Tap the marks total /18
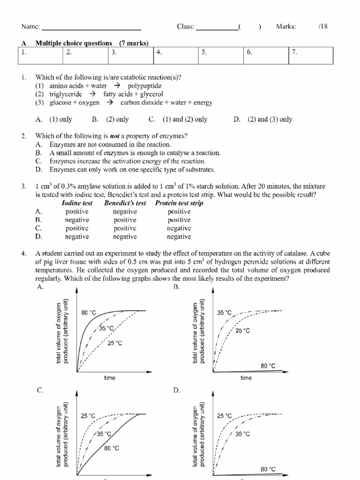point(322,27)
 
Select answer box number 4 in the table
point(176,55)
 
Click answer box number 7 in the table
point(310,55)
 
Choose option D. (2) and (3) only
point(262,119)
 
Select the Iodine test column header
point(77,203)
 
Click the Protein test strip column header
point(179,203)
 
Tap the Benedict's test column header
point(125,203)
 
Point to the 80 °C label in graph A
point(89,313)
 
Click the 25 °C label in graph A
point(115,343)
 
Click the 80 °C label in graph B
point(268,366)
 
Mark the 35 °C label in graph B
point(225,313)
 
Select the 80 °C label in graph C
point(112,448)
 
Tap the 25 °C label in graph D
point(225,416)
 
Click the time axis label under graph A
point(110,378)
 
